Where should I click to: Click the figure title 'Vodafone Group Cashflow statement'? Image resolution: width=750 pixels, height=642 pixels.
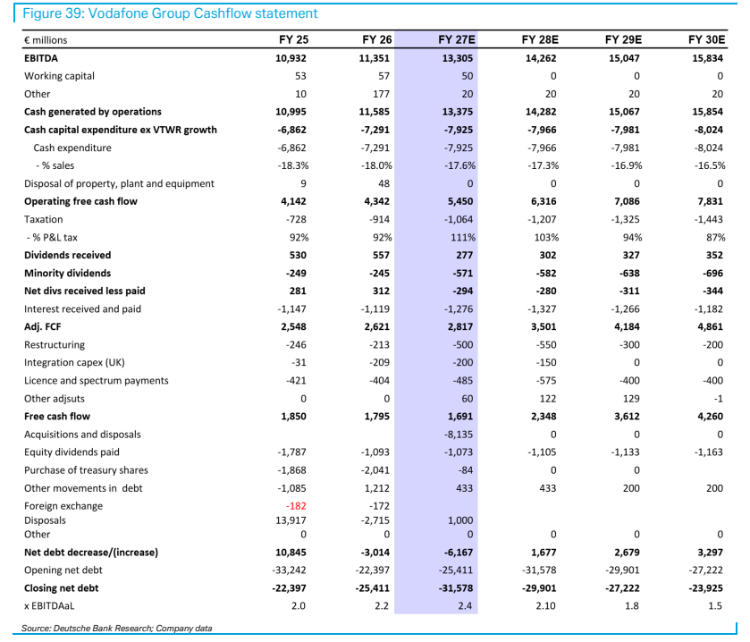click(x=203, y=13)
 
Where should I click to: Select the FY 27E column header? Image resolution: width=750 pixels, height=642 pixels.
click(x=457, y=39)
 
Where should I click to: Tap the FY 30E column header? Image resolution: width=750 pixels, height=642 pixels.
click(x=707, y=39)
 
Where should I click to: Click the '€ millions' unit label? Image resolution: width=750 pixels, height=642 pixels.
click(x=46, y=40)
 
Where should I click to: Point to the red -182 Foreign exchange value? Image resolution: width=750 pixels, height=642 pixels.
click(x=296, y=506)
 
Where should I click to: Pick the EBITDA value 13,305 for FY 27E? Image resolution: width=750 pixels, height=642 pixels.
click(x=458, y=58)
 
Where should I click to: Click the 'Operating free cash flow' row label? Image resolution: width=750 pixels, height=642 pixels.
click(x=80, y=201)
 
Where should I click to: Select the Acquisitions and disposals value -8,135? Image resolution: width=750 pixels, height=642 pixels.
click(x=459, y=435)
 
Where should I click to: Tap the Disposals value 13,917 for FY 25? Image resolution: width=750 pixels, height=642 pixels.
click(x=291, y=520)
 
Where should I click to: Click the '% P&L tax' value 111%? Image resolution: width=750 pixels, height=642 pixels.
click(x=462, y=237)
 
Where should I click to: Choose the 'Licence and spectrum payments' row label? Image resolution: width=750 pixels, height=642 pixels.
click(x=97, y=381)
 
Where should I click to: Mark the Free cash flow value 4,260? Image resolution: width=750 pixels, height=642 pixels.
click(x=711, y=417)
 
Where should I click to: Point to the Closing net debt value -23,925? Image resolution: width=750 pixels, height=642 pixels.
click(x=705, y=588)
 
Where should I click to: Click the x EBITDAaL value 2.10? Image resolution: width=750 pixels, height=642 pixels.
click(x=545, y=606)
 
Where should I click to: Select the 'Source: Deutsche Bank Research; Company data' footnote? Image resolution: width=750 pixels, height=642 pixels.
click(x=116, y=629)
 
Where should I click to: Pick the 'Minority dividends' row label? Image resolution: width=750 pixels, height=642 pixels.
click(x=67, y=273)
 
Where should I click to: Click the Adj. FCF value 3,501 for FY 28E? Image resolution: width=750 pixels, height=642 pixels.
click(x=544, y=327)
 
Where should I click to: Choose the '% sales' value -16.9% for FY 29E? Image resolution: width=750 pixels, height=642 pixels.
click(x=626, y=166)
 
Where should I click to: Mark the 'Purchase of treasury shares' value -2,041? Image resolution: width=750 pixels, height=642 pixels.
click(x=375, y=470)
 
